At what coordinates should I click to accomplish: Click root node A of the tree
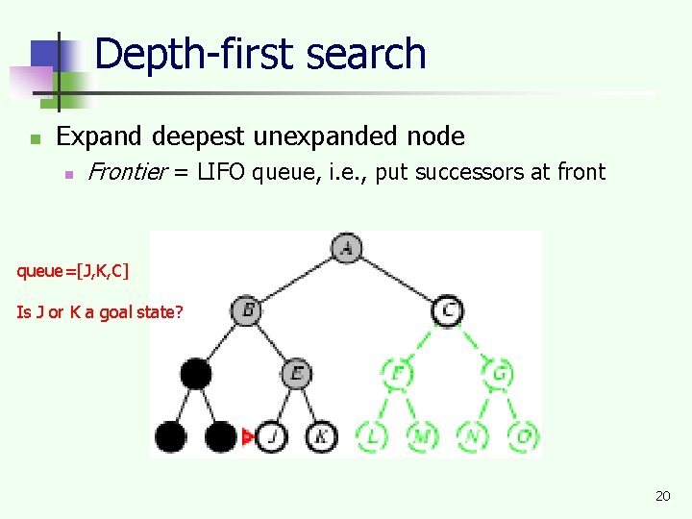pos(347,249)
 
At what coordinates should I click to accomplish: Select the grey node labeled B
pos(246,310)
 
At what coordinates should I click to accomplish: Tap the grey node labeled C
pos(448,310)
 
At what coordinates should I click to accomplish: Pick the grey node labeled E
pos(297,373)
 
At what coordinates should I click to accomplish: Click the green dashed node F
pos(397,373)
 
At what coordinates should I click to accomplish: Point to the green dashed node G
pos(498,373)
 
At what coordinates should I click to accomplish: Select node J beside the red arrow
pos(272,437)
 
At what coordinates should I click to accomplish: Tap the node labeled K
pos(322,437)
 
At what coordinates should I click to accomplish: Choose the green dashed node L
pos(372,437)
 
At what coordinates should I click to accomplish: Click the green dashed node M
pos(422,437)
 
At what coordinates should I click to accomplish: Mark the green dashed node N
pos(473,437)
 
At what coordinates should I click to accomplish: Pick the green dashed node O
pos(524,437)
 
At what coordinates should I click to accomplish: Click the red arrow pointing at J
pos(248,437)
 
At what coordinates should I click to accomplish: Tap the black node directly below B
pos(196,373)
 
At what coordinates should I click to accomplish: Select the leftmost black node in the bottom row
pos(171,437)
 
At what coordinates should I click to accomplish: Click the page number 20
pos(662,496)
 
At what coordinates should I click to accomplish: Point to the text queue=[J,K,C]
pos(72,271)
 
